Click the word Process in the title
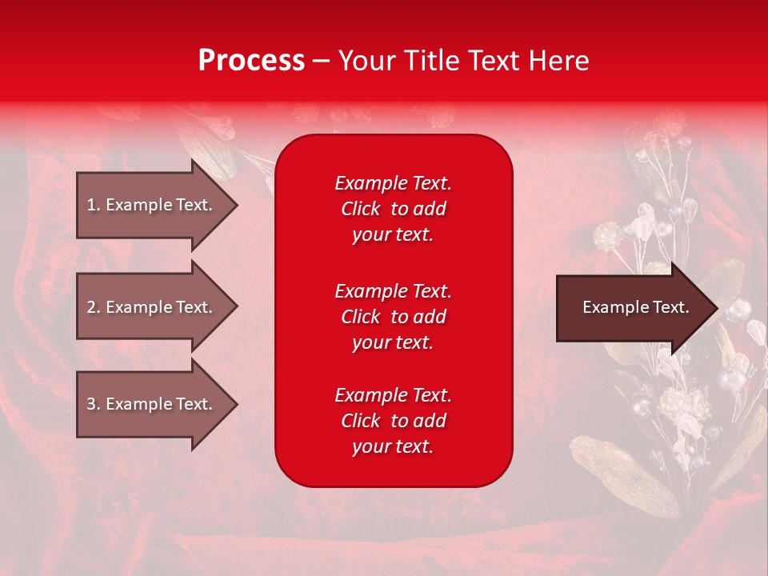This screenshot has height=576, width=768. pyautogui.click(x=251, y=61)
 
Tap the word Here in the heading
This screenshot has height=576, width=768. pyautogui.click(x=558, y=61)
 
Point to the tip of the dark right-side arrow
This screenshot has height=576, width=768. pyautogui.click(x=716, y=308)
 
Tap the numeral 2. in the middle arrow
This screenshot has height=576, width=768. pyautogui.click(x=93, y=307)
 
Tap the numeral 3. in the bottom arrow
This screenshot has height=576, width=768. pyautogui.click(x=93, y=404)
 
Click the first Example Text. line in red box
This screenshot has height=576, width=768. pyautogui.click(x=393, y=183)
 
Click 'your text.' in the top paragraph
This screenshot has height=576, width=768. pyautogui.click(x=393, y=234)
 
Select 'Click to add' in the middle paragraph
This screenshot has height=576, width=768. pyautogui.click(x=393, y=317)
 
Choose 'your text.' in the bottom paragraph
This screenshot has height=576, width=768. pyautogui.click(x=393, y=446)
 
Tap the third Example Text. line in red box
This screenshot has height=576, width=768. pyautogui.click(x=393, y=395)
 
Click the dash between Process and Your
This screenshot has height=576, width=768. pyautogui.click(x=321, y=62)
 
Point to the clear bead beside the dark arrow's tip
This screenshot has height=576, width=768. pyautogui.click(x=737, y=308)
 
